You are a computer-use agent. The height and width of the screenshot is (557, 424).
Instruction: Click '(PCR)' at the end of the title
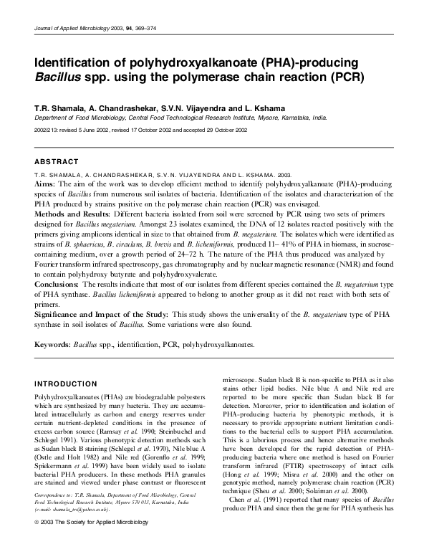[345, 77]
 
